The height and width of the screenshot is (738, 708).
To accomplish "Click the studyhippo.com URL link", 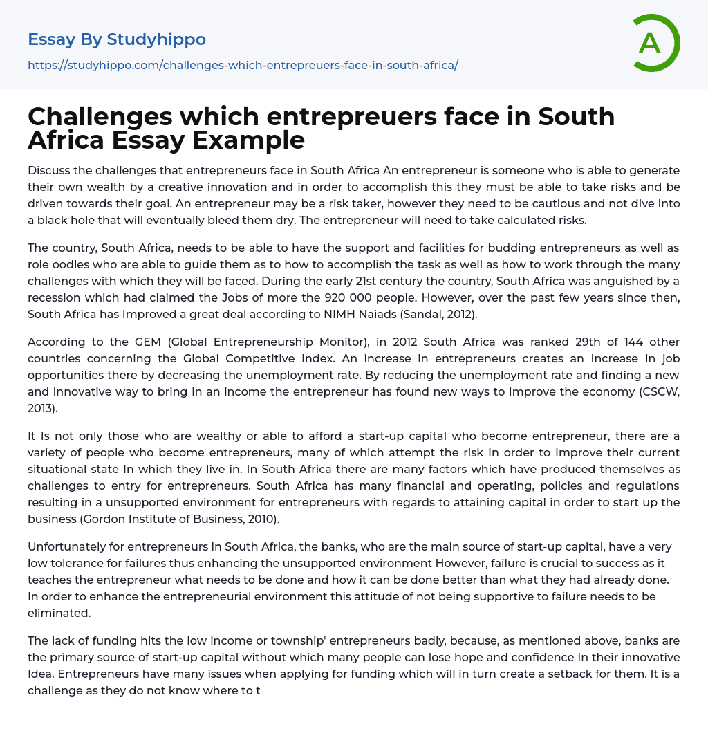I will pyautogui.click(x=243, y=65).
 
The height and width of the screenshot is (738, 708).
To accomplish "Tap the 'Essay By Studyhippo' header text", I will pyautogui.click(x=117, y=39).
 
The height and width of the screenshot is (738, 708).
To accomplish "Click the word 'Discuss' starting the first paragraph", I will pyautogui.click(x=49, y=170).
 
